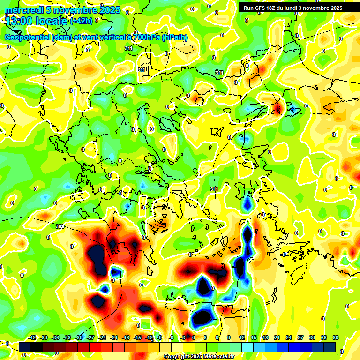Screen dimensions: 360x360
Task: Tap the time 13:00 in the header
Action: pyautogui.click(x=18, y=21)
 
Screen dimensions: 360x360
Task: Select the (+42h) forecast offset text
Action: pyautogui.click(x=81, y=21)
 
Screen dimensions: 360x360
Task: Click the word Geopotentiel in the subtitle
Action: pyautogui.click(x=28, y=37)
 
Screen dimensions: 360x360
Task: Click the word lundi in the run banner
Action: pyautogui.click(x=292, y=8)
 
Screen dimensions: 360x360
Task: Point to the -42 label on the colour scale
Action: pyautogui.click(x=32, y=337)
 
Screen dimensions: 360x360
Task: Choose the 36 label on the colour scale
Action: pyautogui.click(x=336, y=337)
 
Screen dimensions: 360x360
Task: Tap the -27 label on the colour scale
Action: pyautogui.click(x=90, y=337)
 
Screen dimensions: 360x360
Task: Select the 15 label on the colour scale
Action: pyautogui.click(x=254, y=337)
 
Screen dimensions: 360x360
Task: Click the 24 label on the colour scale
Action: pyautogui.click(x=289, y=337)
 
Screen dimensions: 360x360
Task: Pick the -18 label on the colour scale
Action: pyautogui.click(x=126, y=337)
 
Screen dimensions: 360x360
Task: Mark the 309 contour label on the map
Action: pyautogui.click(x=60, y=226)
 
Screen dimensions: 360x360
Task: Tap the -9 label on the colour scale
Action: pyautogui.click(x=159, y=337)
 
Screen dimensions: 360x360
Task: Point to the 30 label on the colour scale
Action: pyautogui.click(x=312, y=337)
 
